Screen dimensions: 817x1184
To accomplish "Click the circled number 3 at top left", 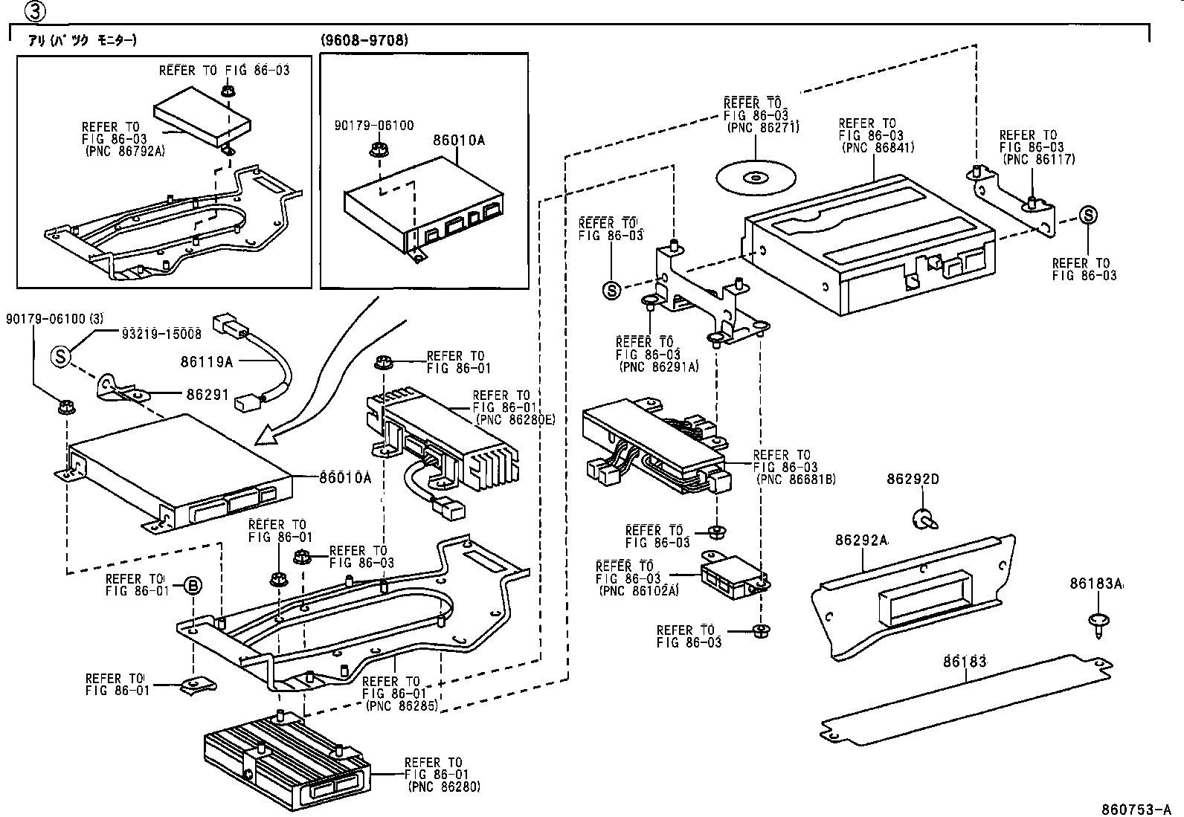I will (35, 11).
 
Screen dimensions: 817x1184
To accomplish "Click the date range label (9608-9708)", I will (364, 40).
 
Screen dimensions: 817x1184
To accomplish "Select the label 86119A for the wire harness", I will (206, 362).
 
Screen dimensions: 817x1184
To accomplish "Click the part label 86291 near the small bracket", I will (208, 396).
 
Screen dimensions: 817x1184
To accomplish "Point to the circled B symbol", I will (192, 586).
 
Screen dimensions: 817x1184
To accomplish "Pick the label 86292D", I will (912, 479).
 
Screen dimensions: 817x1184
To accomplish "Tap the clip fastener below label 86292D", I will (924, 518).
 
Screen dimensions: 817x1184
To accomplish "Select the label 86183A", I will (1096, 584).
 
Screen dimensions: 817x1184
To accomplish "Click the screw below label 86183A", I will (1098, 623).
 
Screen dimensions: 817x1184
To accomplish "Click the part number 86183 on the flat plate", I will (965, 661).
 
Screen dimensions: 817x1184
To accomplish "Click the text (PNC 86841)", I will (878, 147).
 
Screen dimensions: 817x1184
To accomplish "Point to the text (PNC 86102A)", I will (638, 591).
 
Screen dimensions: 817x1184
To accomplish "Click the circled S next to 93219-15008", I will (60, 357).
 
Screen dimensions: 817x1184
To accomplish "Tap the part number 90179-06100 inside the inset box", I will (374, 126).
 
